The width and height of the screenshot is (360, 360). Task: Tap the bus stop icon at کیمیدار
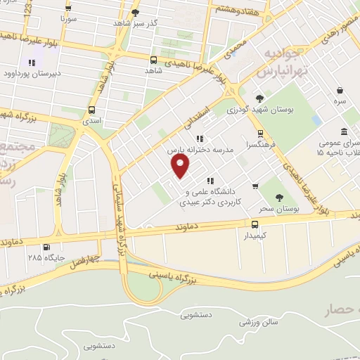coord(255,224)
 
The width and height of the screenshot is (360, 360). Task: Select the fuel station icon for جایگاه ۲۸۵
coord(46,247)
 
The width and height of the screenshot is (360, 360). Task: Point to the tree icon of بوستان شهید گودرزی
coord(259,98)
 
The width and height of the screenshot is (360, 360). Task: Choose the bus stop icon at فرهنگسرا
coord(260,133)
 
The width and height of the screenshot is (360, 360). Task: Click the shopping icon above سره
coord(340,91)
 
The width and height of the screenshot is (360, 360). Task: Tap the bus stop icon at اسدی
coord(92,110)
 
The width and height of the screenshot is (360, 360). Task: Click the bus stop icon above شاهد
coord(153,60)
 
